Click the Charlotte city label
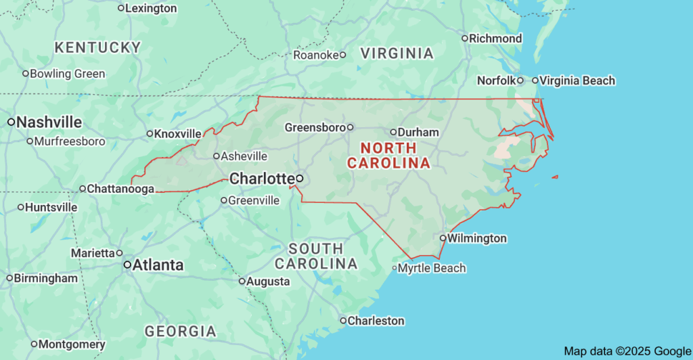[261, 179]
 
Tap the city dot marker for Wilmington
[442, 238]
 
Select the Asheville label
[244, 156]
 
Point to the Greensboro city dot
[351, 127]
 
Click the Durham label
[418, 132]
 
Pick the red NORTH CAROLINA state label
[388, 156]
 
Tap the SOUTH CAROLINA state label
[315, 256]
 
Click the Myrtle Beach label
[432, 268]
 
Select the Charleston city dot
[343, 321]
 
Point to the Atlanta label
[158, 265]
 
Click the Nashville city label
[49, 122]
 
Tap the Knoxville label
[178, 134]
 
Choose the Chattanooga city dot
[83, 189]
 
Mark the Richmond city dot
[465, 39]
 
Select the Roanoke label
[315, 55]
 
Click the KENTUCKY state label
[98, 47]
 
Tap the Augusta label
[268, 282]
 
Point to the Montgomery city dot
[34, 344]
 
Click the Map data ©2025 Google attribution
[626, 351]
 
